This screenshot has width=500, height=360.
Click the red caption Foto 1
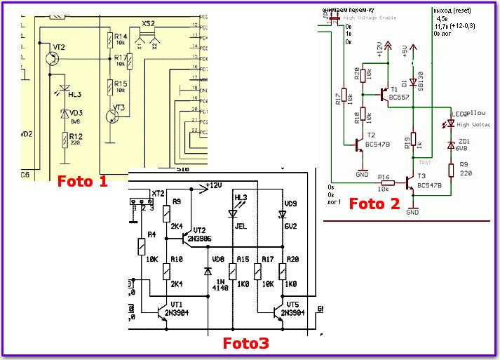pos(83,182)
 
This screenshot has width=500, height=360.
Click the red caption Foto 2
pos(374,204)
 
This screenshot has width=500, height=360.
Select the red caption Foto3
pos(245,344)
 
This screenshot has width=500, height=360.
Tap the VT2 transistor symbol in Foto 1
pos(53,60)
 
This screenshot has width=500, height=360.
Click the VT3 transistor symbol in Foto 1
pos(114,115)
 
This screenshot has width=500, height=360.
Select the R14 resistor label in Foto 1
pos(121,36)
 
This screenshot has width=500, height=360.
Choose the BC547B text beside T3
pos(428,186)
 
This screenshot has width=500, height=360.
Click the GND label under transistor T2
pos(362,173)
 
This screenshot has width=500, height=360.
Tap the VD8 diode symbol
pos(208,270)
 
